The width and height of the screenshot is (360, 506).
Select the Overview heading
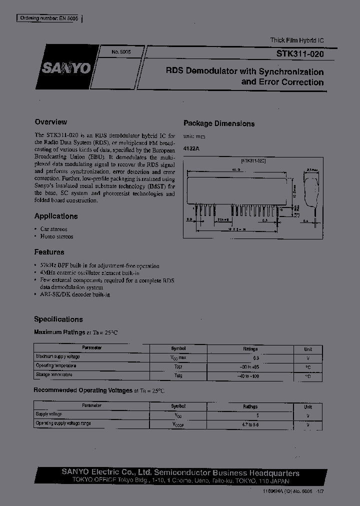[50, 122]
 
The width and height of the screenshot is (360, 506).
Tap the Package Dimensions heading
[219, 123]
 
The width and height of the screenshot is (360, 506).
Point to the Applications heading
[56, 216]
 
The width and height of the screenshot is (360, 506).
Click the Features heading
[49, 252]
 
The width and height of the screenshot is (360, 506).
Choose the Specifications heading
[58, 319]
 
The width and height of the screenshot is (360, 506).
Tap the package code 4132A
[191, 148]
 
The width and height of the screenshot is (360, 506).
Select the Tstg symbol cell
[178, 375]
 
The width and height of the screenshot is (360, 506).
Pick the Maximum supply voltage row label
[57, 357]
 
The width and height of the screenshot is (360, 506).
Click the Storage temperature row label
[55, 375]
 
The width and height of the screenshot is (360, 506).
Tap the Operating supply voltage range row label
[63, 423]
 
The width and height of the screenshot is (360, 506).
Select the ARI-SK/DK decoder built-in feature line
[74, 294]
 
